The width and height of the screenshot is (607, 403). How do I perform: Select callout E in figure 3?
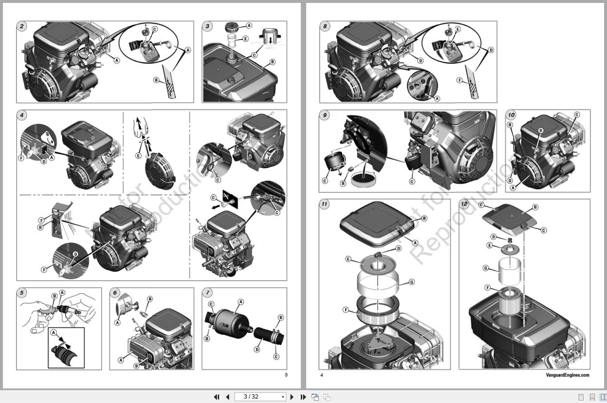pos(245,38)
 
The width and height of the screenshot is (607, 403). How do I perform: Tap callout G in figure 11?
pos(412,282)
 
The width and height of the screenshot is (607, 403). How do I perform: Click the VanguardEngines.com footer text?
pos(567,375)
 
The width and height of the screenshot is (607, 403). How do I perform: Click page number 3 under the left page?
pos(286,374)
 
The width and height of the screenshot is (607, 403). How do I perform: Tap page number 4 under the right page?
pos(322,375)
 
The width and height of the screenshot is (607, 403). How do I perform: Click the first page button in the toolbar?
pos(217,397)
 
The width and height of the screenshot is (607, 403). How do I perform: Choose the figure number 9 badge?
pos(325,116)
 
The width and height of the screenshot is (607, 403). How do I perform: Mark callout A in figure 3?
pos(249,25)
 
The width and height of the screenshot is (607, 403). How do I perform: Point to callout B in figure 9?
pos(343,183)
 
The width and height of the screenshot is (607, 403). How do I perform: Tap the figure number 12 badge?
pos(464,204)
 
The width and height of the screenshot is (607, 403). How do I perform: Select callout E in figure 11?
pos(349,259)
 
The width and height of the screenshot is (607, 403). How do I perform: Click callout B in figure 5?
pos(55,295)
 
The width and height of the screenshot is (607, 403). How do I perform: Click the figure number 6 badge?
pos(115,293)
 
